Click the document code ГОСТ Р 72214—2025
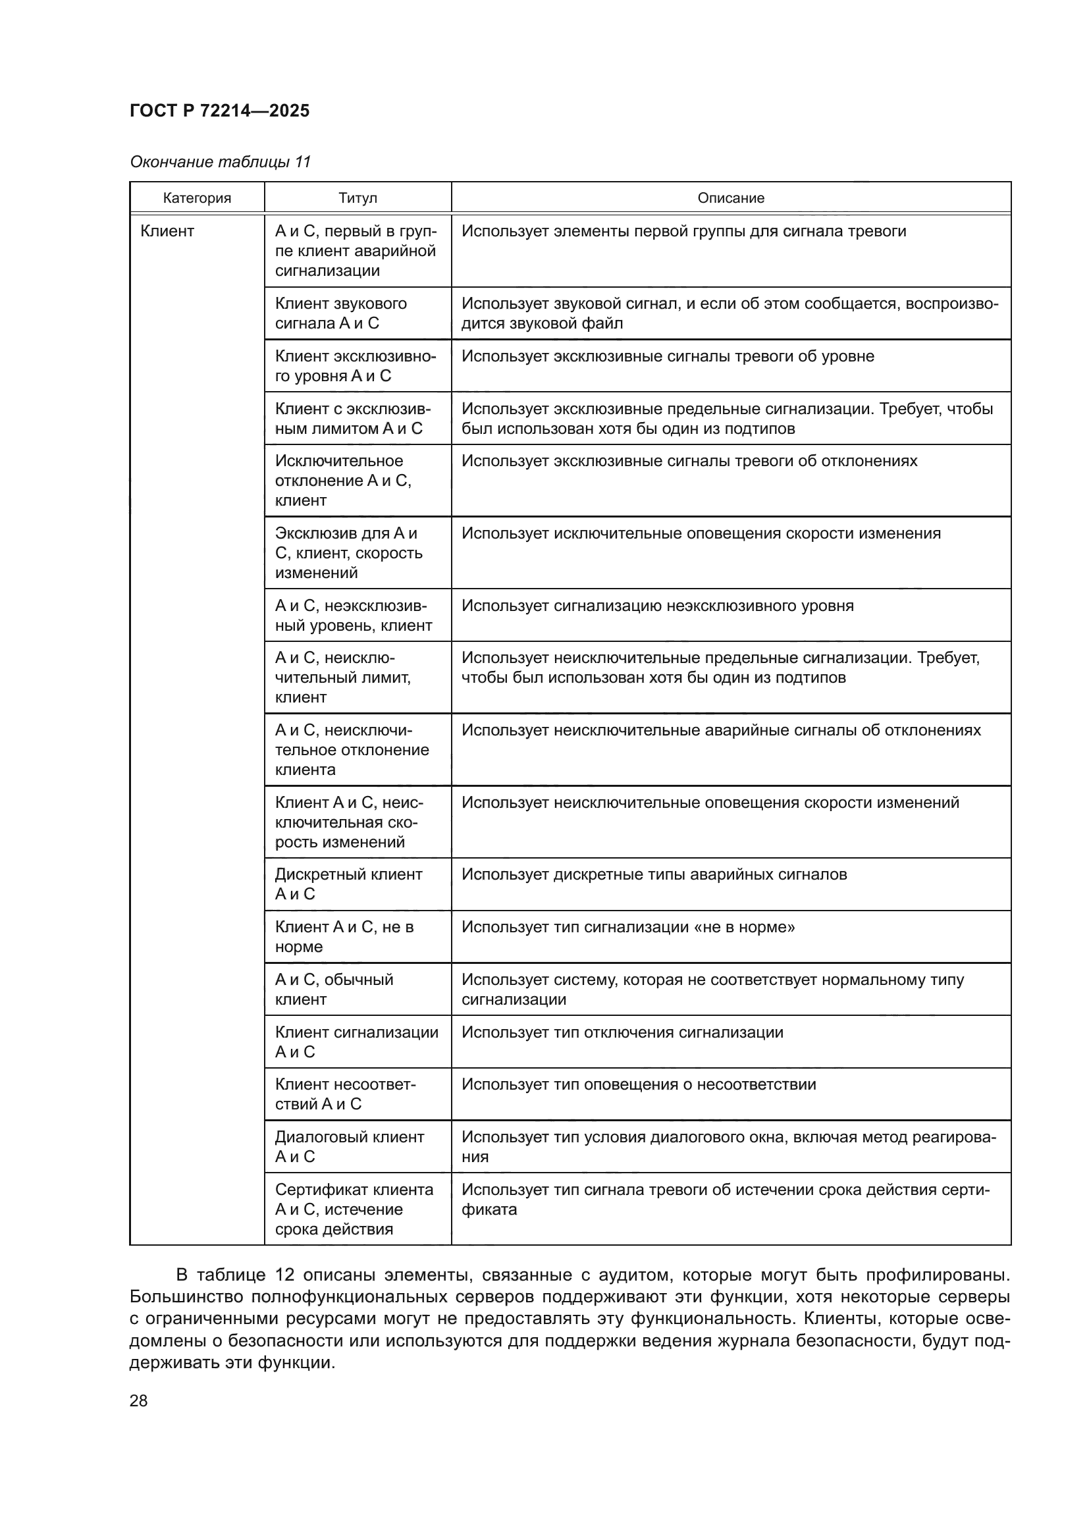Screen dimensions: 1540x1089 click(x=219, y=111)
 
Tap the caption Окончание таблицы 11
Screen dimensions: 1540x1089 click(x=220, y=162)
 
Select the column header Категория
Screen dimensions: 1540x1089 click(x=197, y=198)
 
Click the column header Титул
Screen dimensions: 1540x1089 click(x=358, y=198)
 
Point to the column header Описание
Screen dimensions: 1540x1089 click(x=730, y=198)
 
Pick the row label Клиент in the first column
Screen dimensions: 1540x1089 click(x=167, y=231)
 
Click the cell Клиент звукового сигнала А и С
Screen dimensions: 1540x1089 click(x=340, y=313)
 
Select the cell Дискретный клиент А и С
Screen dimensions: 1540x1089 click(x=349, y=884)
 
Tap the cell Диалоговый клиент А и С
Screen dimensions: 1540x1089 click(x=350, y=1146)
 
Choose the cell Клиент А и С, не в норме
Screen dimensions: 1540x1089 click(x=344, y=936)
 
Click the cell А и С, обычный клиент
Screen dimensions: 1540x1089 click(x=334, y=989)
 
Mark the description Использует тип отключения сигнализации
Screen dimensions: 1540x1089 click(x=622, y=1032)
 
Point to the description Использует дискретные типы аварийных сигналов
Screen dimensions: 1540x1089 click(x=654, y=874)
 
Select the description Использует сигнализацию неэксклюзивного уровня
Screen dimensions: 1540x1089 click(x=657, y=606)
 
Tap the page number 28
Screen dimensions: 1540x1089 click(x=139, y=1400)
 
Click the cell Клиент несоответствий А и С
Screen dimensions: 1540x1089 click(x=346, y=1094)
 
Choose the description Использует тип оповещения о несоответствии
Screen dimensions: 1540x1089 click(x=639, y=1084)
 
